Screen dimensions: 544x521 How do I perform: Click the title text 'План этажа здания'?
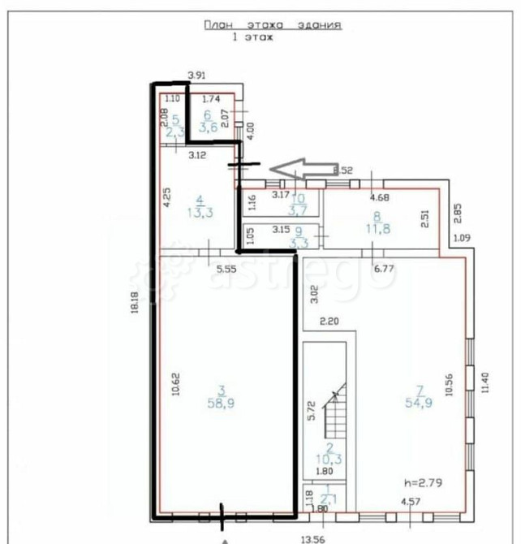click(x=272, y=25)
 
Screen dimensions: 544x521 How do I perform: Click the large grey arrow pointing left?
click(x=300, y=168)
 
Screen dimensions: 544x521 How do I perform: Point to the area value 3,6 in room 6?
click(x=210, y=127)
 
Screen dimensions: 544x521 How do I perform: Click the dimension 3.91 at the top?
click(x=197, y=76)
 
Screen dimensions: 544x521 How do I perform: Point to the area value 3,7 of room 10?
click(x=299, y=210)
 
